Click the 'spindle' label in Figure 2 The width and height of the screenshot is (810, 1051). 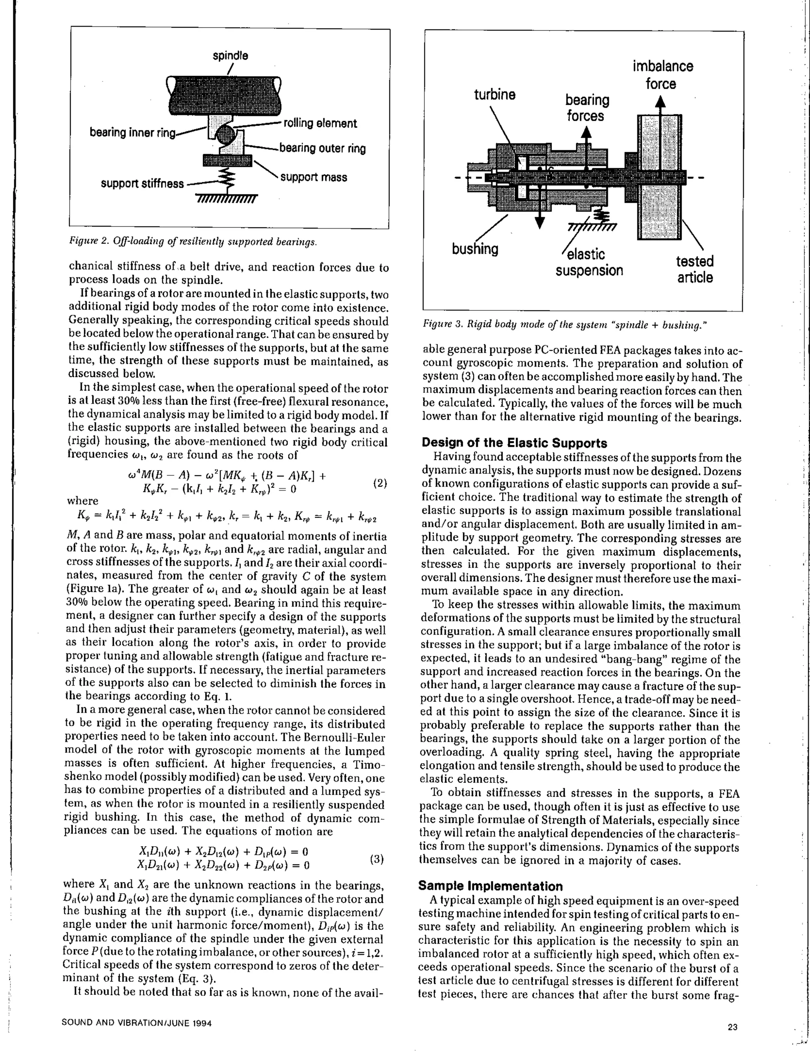pos(231,56)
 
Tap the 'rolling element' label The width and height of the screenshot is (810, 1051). pos(320,124)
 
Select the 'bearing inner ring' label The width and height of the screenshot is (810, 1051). pos(133,132)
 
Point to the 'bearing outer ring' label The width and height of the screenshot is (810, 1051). pos(322,148)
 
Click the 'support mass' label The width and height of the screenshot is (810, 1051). pos(313,178)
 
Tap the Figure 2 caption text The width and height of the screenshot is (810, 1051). pos(193,241)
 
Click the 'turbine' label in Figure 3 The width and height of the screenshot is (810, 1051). pos(494,95)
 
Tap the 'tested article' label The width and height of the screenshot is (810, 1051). pos(695,270)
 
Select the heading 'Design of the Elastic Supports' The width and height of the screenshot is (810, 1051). pos(514,443)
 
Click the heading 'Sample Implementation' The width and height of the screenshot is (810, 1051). pos(490,886)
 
